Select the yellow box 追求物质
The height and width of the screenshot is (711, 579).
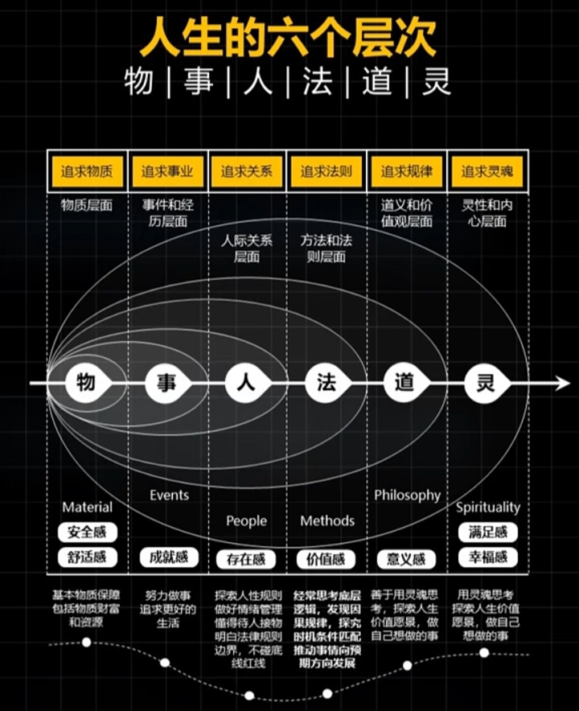(87, 171)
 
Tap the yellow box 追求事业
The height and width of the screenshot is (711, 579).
(167, 171)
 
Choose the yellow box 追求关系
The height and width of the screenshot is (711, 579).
(247, 171)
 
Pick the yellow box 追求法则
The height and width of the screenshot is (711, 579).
(326, 171)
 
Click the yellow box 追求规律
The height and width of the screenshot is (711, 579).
(406, 171)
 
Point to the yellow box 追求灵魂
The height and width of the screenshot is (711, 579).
(487, 171)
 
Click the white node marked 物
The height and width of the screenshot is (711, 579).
(86, 383)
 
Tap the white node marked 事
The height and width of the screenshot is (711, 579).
(166, 383)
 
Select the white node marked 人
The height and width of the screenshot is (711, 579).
(247, 383)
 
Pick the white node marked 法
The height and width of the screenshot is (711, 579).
(326, 383)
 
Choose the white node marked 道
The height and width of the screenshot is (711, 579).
(404, 383)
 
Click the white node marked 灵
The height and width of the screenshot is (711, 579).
(486, 383)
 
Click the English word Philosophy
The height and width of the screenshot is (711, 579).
(407, 495)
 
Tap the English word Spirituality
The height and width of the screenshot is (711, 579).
(488, 508)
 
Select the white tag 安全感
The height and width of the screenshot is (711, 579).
(87, 532)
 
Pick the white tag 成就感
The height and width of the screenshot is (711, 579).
(167, 557)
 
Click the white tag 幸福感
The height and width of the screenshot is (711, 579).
(488, 557)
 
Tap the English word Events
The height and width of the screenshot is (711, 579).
(169, 495)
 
